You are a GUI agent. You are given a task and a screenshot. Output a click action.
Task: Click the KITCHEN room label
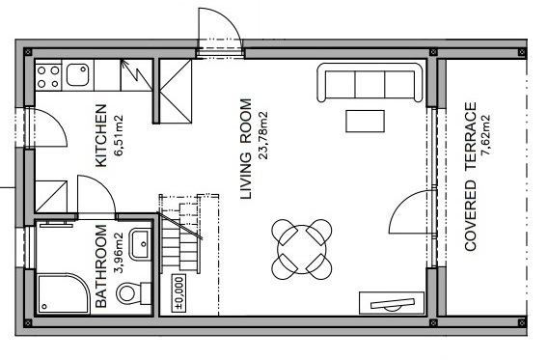point(101,136)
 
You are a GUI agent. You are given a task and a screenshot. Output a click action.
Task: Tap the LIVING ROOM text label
point(246,150)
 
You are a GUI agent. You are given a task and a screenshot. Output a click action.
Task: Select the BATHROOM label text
point(100,266)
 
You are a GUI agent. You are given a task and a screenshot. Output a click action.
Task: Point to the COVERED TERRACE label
point(471,177)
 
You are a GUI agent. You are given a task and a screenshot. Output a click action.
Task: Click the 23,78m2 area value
point(262,136)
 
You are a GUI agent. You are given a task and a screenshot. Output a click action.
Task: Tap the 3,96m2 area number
point(119,252)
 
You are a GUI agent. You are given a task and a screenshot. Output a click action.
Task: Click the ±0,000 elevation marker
point(178,292)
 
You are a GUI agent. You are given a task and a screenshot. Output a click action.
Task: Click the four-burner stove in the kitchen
point(48,77)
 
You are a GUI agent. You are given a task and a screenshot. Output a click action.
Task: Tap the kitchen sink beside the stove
point(77,74)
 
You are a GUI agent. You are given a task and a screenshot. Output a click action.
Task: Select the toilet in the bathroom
point(133,292)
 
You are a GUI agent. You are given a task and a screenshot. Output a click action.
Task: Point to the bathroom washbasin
point(140,244)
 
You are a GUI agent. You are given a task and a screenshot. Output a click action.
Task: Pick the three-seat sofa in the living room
point(370,82)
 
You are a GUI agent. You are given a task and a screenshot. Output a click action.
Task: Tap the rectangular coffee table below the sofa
point(366,122)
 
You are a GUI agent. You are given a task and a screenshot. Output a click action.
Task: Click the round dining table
point(302,249)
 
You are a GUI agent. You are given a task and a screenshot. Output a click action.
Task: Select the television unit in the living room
point(392,303)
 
